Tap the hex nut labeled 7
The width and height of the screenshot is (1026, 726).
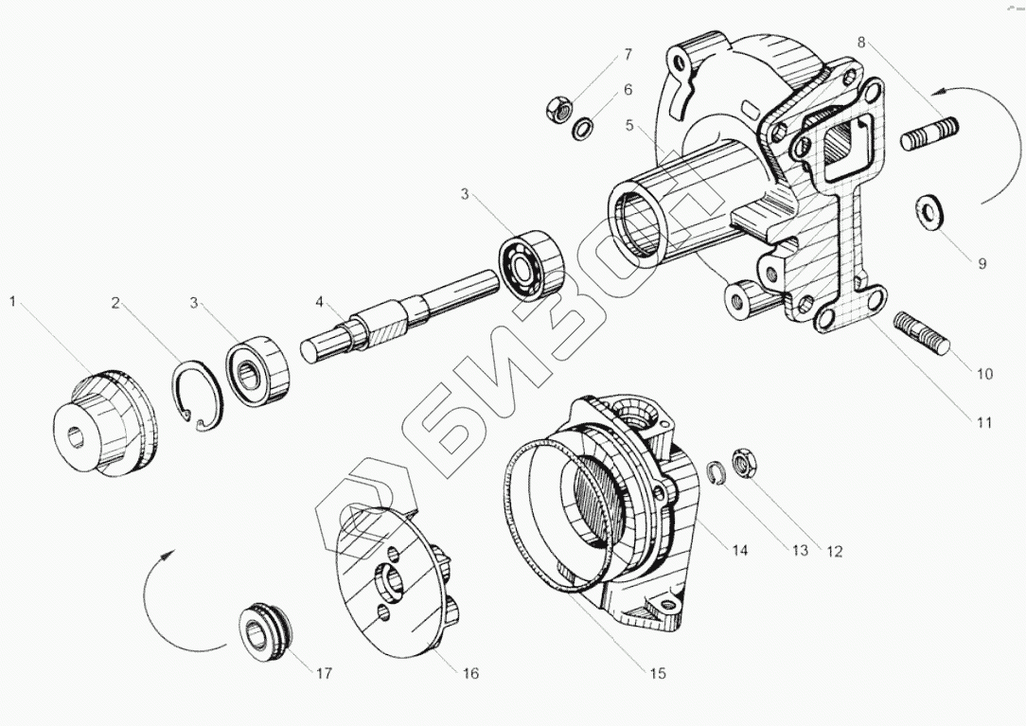point(558,109)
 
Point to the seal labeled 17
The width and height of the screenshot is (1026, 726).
point(264,628)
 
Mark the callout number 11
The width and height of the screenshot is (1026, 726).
point(984,423)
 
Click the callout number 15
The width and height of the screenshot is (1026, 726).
point(657,673)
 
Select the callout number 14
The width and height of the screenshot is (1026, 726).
point(739,550)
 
